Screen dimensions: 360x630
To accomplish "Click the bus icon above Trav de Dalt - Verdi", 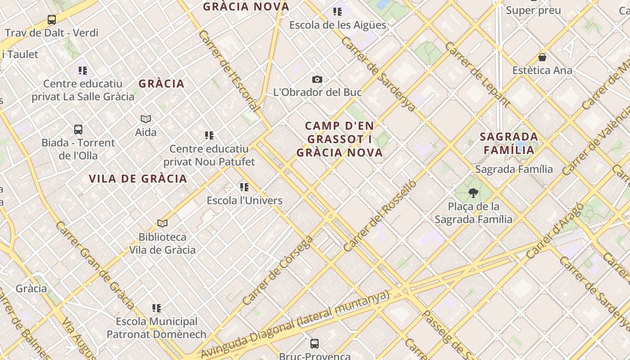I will coord(52,20).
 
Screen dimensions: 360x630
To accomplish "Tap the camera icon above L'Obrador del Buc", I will coord(317,80).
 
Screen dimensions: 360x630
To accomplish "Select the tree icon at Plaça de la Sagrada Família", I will coord(473,193).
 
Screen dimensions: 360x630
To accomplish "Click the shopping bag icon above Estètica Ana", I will coord(542,57).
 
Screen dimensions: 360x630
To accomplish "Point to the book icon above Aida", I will coord(146,119).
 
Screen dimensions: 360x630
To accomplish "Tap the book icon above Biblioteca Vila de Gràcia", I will coord(162,223).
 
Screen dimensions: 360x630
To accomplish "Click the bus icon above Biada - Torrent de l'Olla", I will coord(78,130).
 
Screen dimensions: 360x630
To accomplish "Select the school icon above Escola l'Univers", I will coord(244,187).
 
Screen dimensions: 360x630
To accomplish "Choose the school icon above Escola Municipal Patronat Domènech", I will coord(157,308).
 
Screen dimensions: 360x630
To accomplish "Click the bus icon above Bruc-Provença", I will coord(315,344).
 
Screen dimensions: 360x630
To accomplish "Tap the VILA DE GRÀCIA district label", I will coord(138,179).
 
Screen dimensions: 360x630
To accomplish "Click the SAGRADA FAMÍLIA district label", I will coord(508,143).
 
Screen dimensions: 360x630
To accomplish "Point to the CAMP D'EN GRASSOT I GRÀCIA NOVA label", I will coord(340,139).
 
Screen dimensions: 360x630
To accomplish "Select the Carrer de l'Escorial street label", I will coord(229,71).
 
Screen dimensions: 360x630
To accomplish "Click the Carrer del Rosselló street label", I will coord(380,216).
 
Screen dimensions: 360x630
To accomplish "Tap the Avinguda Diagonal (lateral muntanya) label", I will coord(295,325).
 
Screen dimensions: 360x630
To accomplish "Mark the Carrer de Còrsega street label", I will coord(278,270).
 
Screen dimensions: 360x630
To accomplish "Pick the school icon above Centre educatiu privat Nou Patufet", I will coord(209,135).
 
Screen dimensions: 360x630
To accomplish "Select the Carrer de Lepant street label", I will coord(477,75).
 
